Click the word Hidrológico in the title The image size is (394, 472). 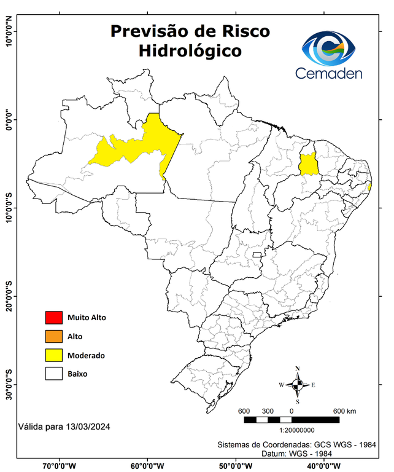point(190,50)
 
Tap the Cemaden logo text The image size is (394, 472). point(329,73)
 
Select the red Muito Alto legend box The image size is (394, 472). point(54,318)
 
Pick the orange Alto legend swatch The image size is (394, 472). point(54,336)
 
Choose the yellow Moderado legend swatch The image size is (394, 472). point(54,355)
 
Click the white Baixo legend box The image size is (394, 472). point(54,374)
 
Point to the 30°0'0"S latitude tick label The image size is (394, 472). point(9,385)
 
